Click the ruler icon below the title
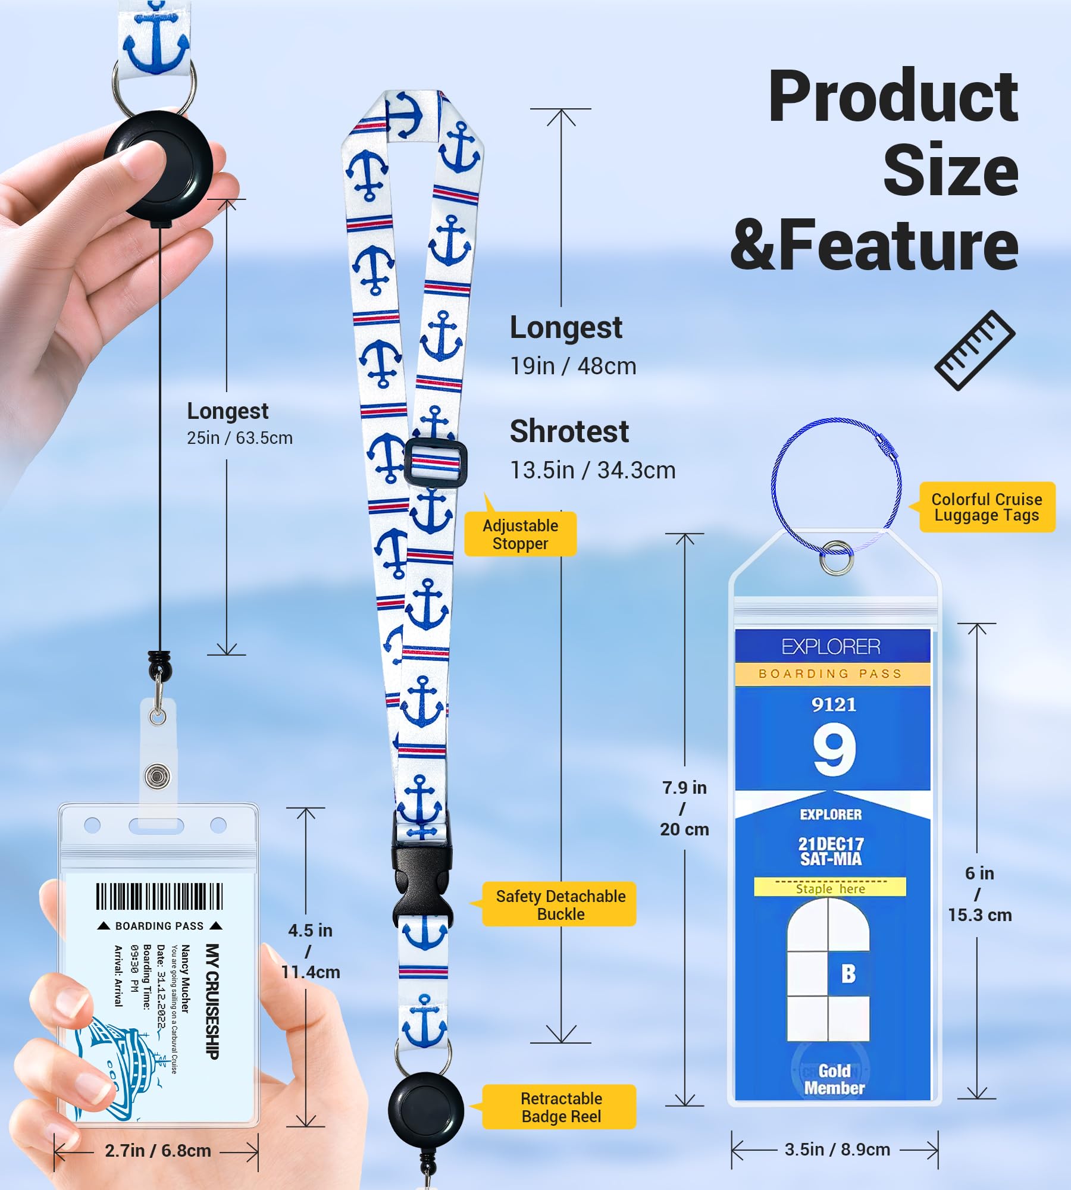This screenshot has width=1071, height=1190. coord(975,350)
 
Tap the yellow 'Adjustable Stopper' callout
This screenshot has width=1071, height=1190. coord(520,534)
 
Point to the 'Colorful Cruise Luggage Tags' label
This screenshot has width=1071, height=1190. coord(987,507)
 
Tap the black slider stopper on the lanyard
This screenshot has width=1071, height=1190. coord(436,463)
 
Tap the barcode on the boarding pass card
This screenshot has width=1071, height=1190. coord(159,896)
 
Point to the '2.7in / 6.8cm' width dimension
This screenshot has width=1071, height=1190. coord(158,1151)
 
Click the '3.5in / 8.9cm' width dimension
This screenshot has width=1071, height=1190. coord(837,1150)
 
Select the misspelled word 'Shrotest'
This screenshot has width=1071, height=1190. coord(569,431)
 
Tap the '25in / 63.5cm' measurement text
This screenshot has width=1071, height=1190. coord(240,438)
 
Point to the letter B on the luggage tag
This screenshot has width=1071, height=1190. coord(848,974)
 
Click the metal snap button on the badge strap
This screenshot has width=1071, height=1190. coord(157,776)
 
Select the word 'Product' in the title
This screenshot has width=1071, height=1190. coord(892,96)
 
